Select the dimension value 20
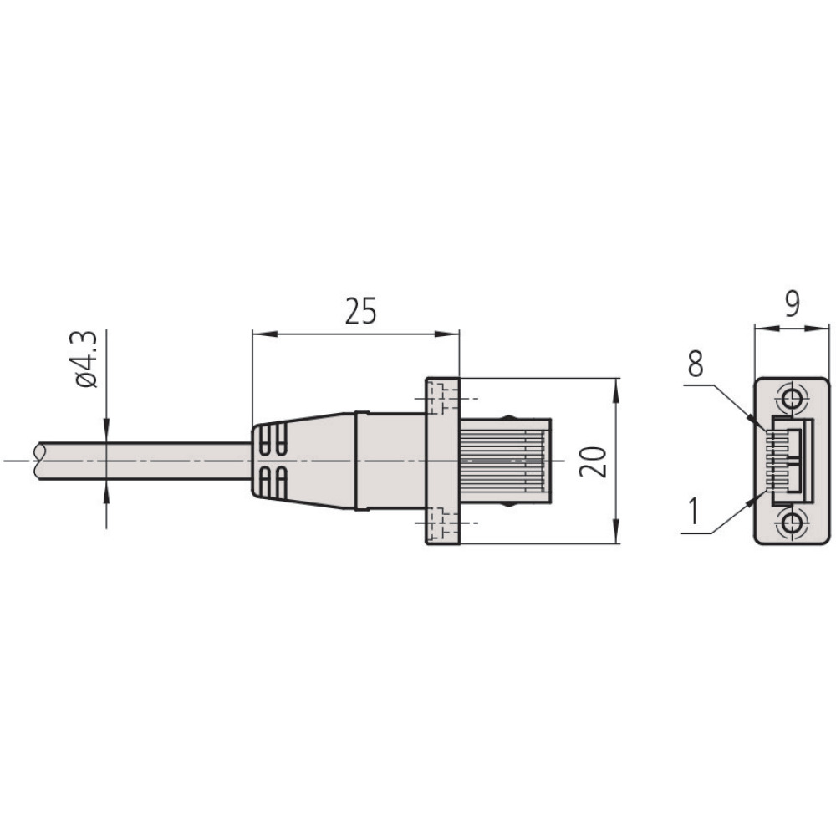coord(595,461)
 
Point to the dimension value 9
coord(793,304)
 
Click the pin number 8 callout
coord(696,364)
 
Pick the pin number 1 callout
coord(693,510)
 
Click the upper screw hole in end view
coord(793,397)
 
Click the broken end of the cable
coord(38,461)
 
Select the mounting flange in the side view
coord(442,461)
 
